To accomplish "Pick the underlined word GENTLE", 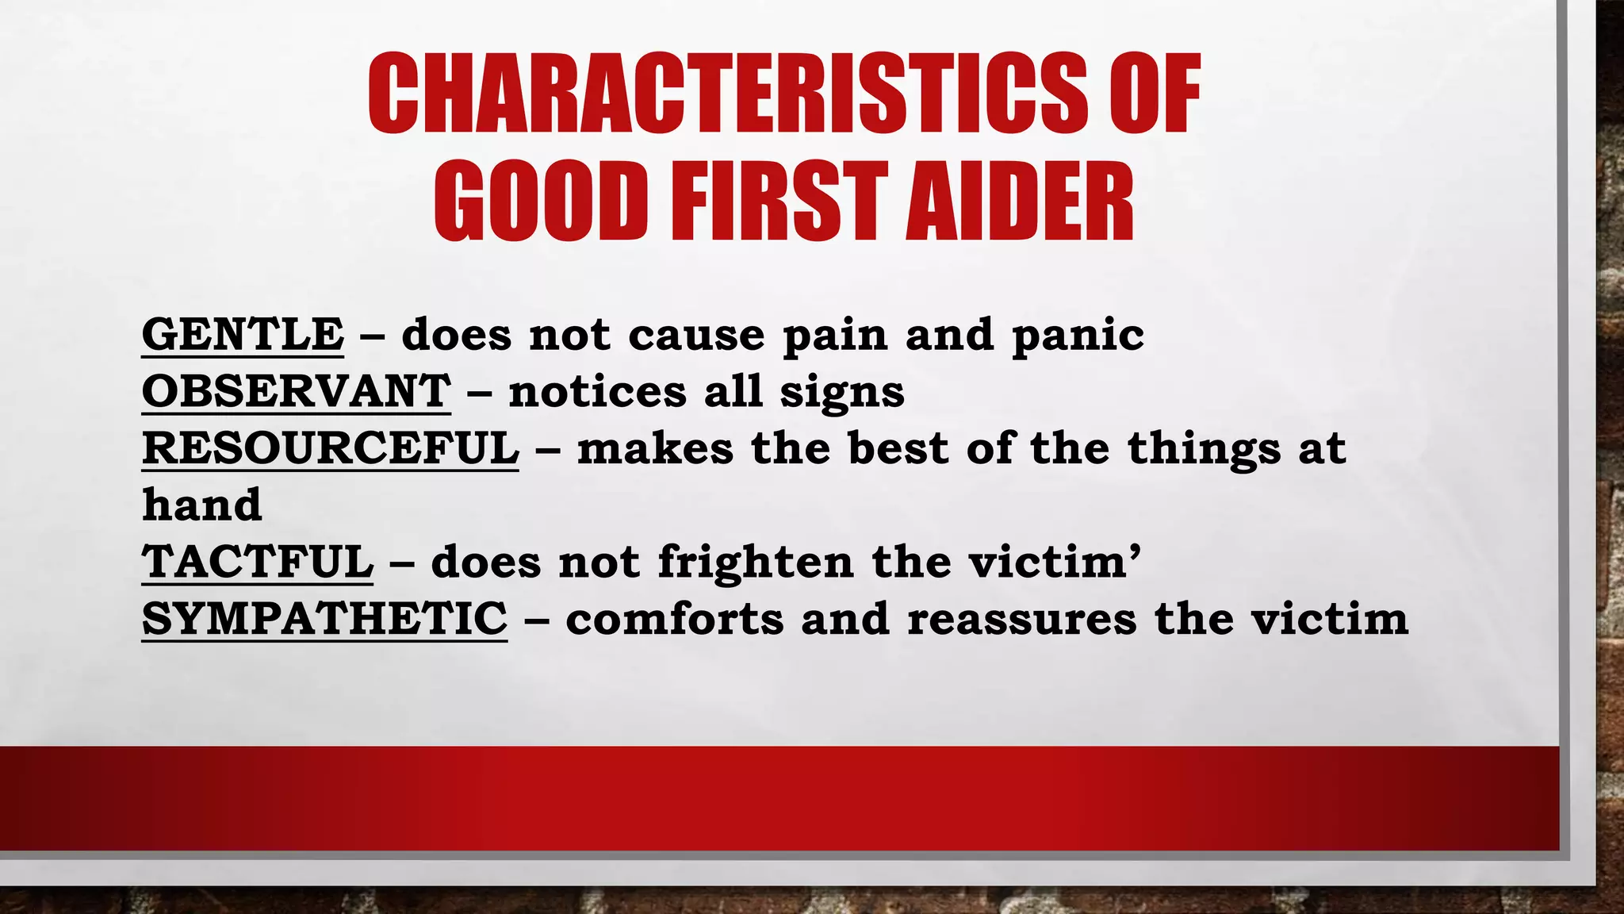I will (243, 334).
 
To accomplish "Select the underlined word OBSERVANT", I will (296, 391).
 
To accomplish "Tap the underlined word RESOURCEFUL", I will (330, 448).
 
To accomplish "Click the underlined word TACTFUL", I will (257, 562).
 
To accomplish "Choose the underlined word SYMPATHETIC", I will (324, 619).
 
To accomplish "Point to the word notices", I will (597, 391).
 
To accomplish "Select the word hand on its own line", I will (201, 505).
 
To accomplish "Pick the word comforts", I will (674, 619).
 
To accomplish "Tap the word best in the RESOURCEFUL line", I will (898, 448).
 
